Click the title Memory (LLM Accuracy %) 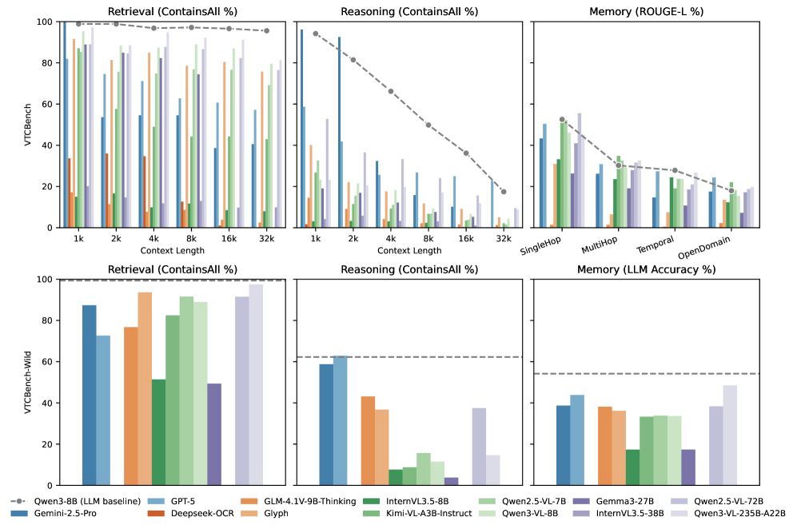(651, 269)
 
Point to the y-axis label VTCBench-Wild (30, 382)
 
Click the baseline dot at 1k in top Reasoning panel (316, 34)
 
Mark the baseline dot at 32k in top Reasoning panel (503, 192)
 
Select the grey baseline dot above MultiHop (619, 165)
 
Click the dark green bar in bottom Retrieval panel (158, 432)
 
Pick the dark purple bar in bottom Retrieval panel (214, 434)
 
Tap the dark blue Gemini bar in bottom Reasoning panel (326, 424)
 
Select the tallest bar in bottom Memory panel (730, 435)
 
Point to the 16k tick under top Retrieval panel (229, 238)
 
